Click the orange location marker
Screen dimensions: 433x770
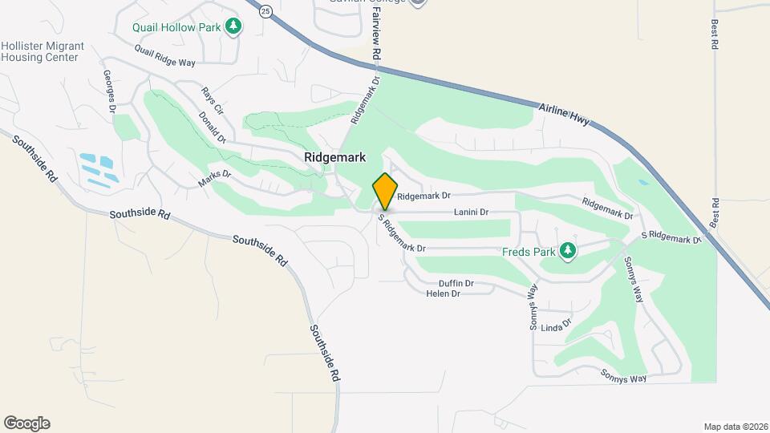385,192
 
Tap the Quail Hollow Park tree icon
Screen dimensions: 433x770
233,26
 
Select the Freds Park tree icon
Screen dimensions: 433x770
569,251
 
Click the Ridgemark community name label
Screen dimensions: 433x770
336,158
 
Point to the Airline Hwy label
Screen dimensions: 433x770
565,114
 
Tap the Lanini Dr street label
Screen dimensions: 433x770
471,212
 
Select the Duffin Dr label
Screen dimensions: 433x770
456,283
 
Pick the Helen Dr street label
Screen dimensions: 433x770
443,293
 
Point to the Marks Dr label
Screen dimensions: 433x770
215,178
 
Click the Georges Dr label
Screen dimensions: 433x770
110,91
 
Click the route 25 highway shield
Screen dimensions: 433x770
266,10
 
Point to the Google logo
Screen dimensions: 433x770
26,423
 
